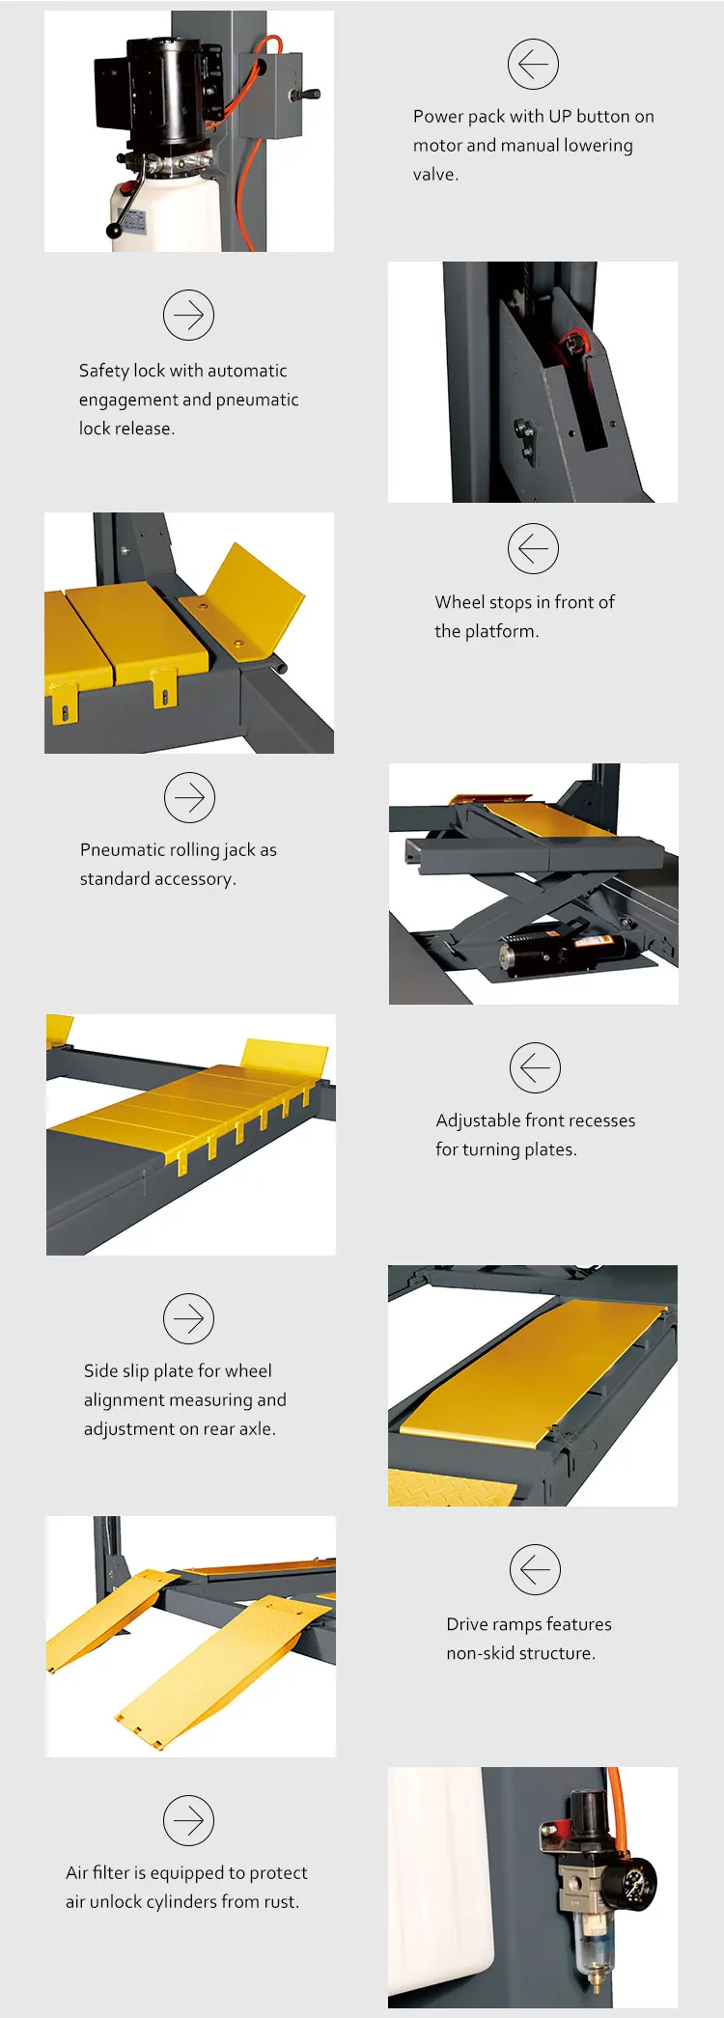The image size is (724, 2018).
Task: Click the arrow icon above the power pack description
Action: [533, 65]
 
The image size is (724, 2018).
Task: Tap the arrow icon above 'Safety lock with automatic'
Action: [188, 315]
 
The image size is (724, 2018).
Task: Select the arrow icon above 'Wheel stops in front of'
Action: [533, 549]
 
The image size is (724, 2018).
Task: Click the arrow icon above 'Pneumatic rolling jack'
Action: [189, 797]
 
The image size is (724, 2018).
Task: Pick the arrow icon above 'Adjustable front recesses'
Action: [535, 1067]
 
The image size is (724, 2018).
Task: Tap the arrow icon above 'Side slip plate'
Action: [188, 1318]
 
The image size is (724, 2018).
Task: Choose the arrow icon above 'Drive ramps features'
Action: [535, 1569]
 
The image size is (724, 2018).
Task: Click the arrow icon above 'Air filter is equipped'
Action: [188, 1820]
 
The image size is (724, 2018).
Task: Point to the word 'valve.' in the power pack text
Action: [435, 175]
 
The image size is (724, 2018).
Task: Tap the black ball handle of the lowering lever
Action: [115, 232]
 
